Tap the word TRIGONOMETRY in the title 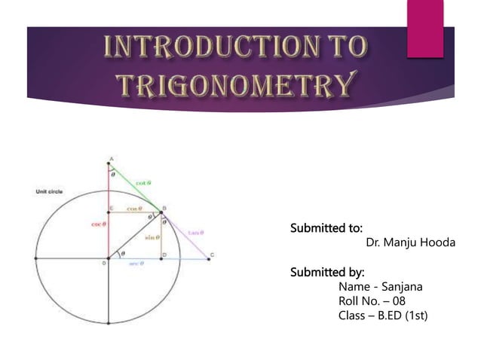[236, 85]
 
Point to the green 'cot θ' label [142, 183]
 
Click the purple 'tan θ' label [196, 232]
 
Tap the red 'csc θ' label [98, 224]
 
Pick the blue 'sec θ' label [137, 264]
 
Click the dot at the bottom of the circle [109, 324]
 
